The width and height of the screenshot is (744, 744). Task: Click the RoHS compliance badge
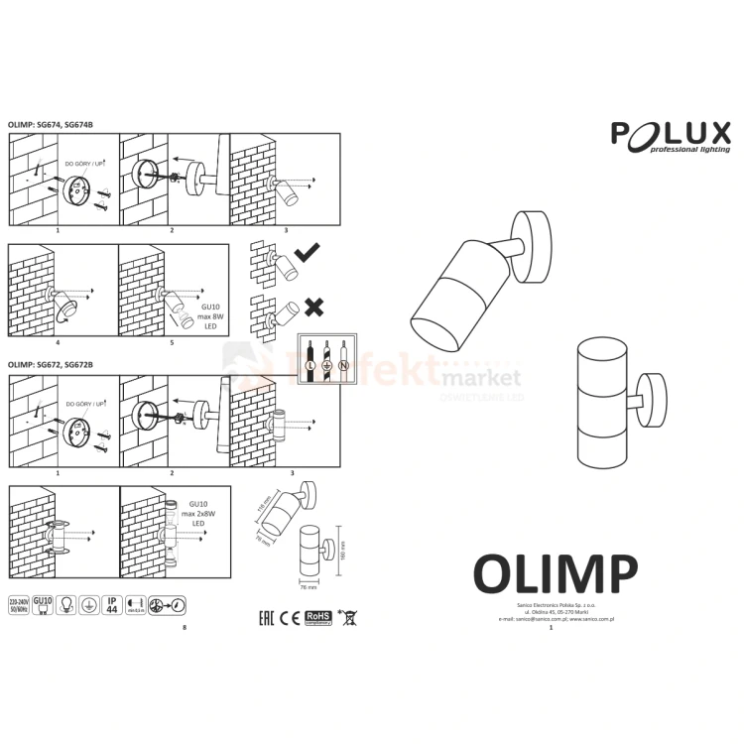316,617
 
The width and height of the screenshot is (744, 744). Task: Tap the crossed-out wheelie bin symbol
346,617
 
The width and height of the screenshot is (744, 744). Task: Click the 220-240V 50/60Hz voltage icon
18,605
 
